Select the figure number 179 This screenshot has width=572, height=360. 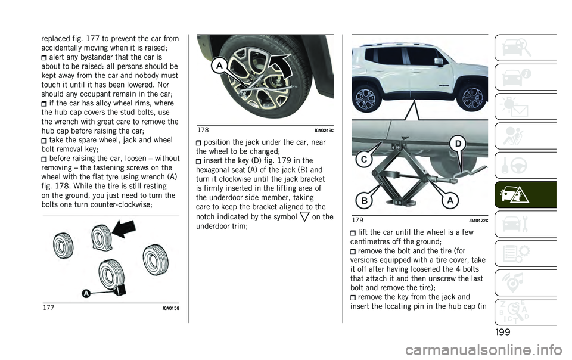pos(358,221)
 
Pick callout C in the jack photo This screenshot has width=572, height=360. pos(363,160)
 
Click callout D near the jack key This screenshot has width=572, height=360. pos(458,144)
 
